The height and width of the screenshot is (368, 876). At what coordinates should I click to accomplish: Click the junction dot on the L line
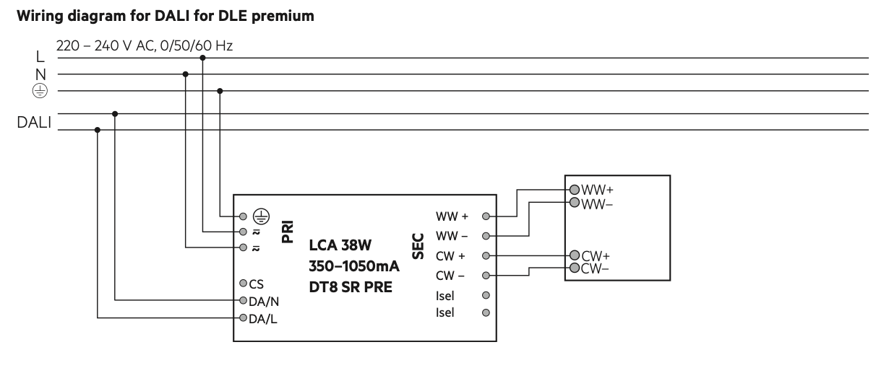[202, 58]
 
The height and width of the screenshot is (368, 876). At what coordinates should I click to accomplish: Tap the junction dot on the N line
[185, 74]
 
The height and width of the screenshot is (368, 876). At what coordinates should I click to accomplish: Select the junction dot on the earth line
[220, 91]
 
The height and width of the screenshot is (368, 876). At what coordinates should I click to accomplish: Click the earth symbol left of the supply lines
[40, 90]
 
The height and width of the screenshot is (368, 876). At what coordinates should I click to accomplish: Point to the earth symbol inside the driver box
[261, 216]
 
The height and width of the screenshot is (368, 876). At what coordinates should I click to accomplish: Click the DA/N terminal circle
[244, 300]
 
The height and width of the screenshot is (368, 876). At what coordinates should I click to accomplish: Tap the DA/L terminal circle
[244, 317]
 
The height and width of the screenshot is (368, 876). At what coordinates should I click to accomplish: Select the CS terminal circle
[244, 283]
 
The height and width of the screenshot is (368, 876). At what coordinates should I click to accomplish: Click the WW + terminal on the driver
[486, 216]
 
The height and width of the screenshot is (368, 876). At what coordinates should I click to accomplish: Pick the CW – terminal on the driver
[486, 276]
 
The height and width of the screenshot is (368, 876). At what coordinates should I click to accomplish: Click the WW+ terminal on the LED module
[575, 190]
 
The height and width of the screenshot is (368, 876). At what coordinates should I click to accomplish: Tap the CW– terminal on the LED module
[575, 268]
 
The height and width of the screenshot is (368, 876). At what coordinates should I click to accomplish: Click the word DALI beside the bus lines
[34, 123]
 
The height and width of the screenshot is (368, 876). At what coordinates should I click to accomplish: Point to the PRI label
[288, 232]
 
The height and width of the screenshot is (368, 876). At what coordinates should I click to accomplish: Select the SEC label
[418, 246]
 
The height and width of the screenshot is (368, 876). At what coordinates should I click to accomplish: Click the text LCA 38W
[340, 245]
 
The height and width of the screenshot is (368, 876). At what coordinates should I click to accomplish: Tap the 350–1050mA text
[354, 266]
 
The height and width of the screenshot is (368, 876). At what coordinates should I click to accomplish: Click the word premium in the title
[283, 17]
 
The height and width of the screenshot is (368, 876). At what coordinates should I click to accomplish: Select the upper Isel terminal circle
[486, 295]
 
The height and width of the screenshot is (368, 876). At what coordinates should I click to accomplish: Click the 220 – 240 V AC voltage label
[106, 45]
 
